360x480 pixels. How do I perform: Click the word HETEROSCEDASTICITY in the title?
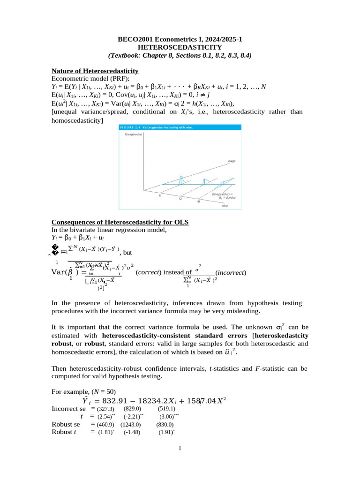click(180, 47)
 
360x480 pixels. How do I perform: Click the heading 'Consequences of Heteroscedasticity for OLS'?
click(120, 222)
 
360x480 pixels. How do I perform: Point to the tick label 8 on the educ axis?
click(159, 195)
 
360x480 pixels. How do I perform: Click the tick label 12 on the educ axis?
click(180, 198)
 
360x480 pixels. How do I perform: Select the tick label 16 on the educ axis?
click(198, 201)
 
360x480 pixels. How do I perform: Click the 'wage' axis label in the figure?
click(231, 161)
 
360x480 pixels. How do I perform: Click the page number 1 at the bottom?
click(180, 449)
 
